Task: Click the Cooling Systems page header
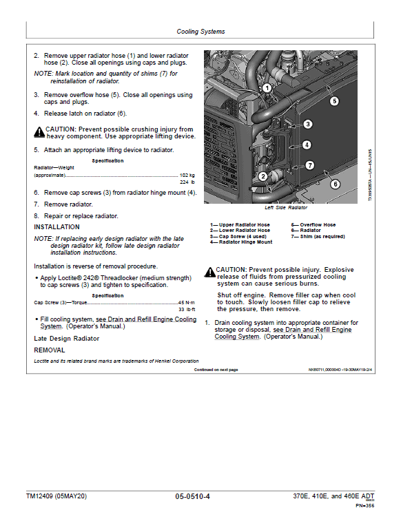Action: [x=200, y=32]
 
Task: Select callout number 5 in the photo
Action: [x=333, y=100]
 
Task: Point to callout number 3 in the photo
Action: [x=307, y=124]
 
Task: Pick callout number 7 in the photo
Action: [x=309, y=165]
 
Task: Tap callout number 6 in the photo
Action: [x=335, y=183]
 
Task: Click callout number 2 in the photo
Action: [x=262, y=177]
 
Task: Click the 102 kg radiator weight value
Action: [x=187, y=176]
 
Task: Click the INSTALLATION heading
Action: [x=56, y=227]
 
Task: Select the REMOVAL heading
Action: [x=49, y=350]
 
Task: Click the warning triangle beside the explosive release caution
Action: [x=209, y=271]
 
